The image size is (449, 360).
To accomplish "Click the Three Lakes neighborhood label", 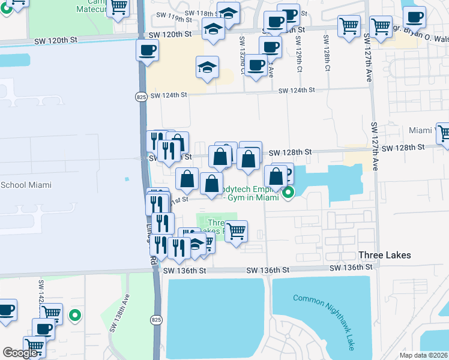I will (x=384, y=255).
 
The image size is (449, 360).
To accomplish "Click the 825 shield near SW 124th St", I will (x=140, y=97).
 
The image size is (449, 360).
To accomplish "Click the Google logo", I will (x=20, y=353).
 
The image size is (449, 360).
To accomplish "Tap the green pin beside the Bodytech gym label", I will (x=289, y=193).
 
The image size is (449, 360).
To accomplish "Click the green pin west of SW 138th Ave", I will (x=74, y=314).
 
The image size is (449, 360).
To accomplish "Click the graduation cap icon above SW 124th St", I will (x=207, y=67).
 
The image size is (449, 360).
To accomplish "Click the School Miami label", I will (x=26, y=185).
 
